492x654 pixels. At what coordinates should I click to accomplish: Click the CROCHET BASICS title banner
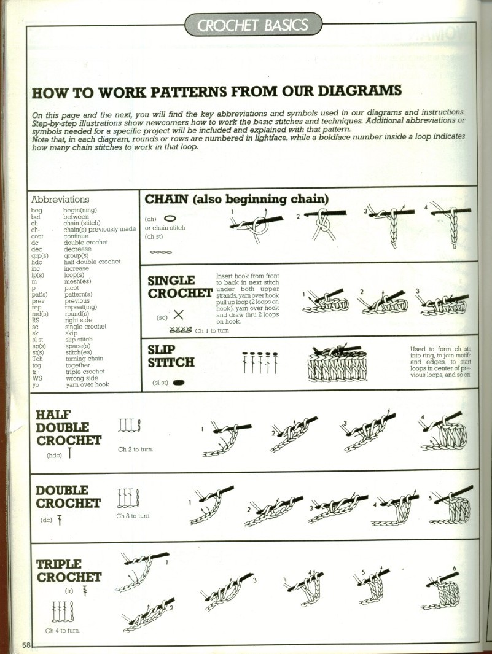253,25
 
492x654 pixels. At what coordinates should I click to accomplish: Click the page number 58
26,645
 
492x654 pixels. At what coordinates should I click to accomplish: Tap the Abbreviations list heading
60,200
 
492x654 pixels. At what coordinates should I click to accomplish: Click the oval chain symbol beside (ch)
170,218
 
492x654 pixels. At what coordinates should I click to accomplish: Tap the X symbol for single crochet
179,315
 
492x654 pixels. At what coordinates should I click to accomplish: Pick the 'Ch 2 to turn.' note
136,449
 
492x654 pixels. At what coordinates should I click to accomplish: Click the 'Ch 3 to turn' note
133,516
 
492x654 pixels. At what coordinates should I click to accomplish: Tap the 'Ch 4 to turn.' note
62,631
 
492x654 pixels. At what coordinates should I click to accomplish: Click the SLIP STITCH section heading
171,356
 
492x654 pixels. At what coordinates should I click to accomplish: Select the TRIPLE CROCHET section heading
68,570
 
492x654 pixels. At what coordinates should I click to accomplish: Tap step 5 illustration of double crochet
452,505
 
